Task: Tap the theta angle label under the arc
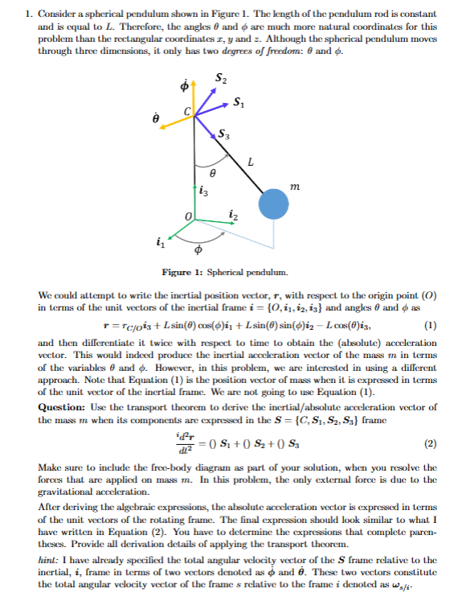pyautogui.click(x=212, y=171)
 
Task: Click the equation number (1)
pyautogui.click(x=431, y=324)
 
